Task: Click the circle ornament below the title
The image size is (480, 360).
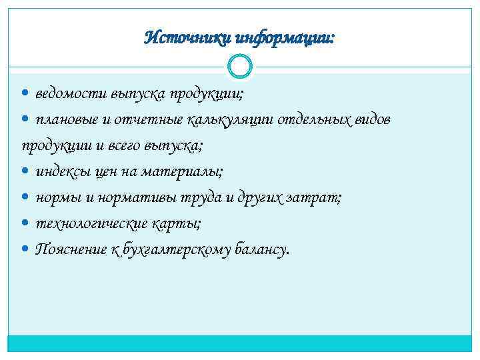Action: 239,67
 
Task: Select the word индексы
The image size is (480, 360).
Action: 65,171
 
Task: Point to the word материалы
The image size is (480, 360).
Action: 189,171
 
